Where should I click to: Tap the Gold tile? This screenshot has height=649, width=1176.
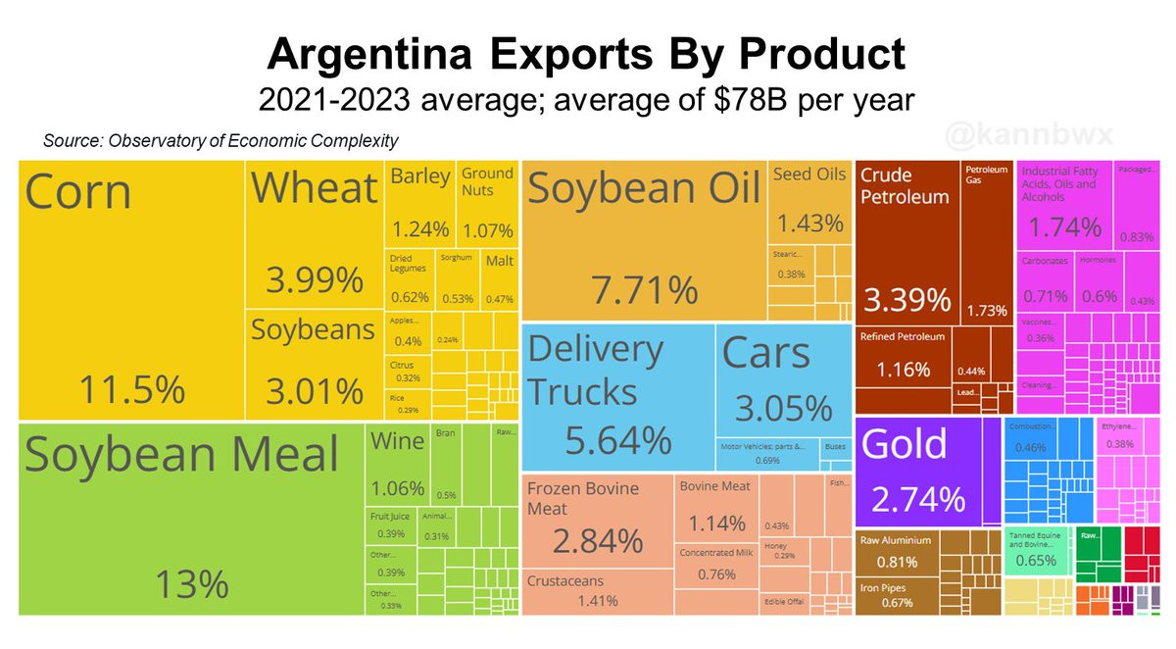[927, 471]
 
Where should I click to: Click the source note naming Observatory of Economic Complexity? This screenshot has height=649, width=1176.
[220, 141]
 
